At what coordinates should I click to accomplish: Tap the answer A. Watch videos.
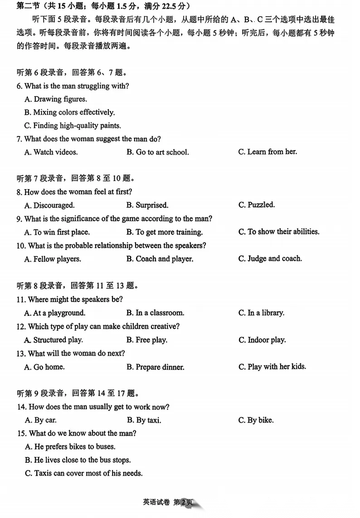click(51, 152)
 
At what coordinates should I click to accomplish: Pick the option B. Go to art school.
click(157, 152)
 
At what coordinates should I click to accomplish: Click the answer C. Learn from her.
click(268, 152)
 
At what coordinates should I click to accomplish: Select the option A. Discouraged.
click(49, 205)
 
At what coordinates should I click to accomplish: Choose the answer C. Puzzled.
click(257, 205)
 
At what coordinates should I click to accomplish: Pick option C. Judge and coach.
click(270, 259)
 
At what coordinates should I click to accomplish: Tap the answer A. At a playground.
click(54, 313)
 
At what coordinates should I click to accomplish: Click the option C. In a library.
click(261, 313)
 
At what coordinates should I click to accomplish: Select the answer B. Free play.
click(147, 340)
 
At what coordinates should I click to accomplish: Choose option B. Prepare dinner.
click(155, 367)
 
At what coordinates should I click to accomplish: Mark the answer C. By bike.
click(256, 420)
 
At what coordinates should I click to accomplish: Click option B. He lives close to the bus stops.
click(78, 460)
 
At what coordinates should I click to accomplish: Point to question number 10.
click(20, 245)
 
